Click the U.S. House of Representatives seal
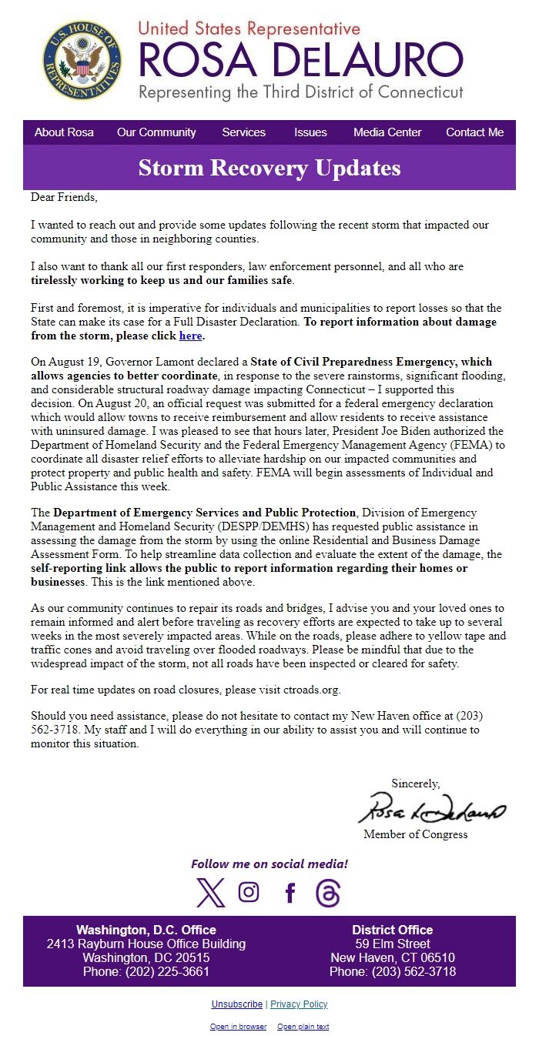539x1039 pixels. click(82, 60)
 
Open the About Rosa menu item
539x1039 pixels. click(64, 132)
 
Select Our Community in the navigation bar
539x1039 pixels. click(156, 132)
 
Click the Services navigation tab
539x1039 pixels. click(243, 132)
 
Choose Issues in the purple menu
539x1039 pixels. click(310, 132)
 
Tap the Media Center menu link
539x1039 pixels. click(387, 132)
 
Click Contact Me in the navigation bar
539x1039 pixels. click(474, 132)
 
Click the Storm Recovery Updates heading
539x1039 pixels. click(269, 168)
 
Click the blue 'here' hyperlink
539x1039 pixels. click(190, 336)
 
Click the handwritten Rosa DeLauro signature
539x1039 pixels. click(431, 808)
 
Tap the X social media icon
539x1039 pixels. click(210, 893)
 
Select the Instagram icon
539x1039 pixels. click(249, 892)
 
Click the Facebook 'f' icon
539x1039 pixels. click(290, 893)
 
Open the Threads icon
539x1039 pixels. click(328, 893)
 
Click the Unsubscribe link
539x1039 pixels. click(236, 1004)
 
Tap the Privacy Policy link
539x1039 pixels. click(299, 1004)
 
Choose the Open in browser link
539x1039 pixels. click(238, 1027)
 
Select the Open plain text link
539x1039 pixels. click(303, 1027)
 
